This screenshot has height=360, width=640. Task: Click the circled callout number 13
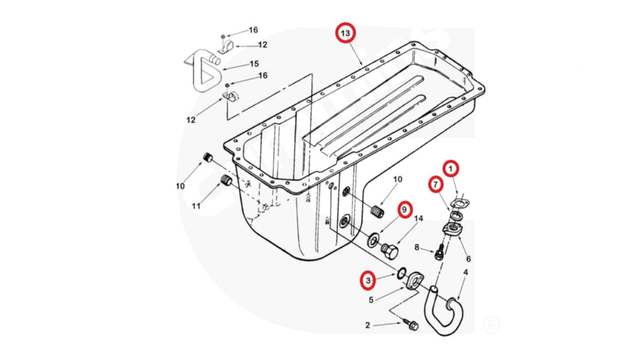[346, 32]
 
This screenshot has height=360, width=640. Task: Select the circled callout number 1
[451, 168]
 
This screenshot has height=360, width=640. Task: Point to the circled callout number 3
[369, 281]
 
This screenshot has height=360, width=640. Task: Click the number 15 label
[254, 64]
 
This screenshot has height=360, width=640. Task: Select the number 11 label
[196, 206]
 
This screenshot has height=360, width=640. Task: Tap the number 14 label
[419, 219]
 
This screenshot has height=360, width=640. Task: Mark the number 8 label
[417, 247]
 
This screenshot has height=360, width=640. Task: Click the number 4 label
[464, 272]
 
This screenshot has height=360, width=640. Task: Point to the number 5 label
[371, 300]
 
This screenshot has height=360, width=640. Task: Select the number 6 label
[468, 259]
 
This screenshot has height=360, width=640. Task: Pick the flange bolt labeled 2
[411, 326]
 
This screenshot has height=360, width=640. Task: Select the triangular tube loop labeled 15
[201, 71]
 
